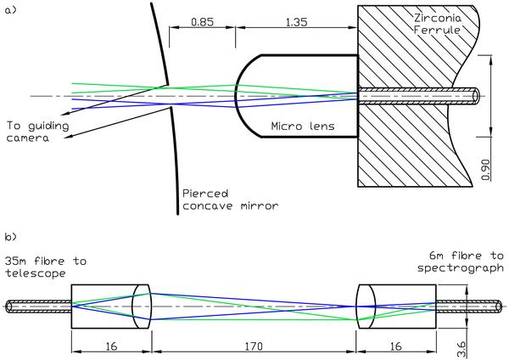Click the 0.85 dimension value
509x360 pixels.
(x=202, y=22)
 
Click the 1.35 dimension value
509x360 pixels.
(x=296, y=22)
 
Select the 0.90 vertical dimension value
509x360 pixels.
(x=485, y=170)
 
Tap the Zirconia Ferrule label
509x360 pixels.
(x=437, y=24)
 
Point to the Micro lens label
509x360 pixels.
(x=303, y=126)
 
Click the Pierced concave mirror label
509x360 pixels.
(x=230, y=200)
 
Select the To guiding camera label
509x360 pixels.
(x=37, y=132)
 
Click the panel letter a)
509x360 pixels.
(x=10, y=10)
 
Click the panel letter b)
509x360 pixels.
(x=10, y=237)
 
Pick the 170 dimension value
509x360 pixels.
(x=254, y=346)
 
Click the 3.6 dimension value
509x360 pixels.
(x=461, y=349)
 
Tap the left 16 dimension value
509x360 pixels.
(x=111, y=346)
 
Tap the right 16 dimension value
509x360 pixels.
(x=395, y=346)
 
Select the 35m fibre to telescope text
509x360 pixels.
(x=46, y=267)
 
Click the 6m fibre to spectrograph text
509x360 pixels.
(x=461, y=262)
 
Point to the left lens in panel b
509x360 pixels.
(x=141, y=307)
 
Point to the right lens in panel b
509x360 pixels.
(x=366, y=307)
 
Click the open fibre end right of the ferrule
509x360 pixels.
(x=476, y=96)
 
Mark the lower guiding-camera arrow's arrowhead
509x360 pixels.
(x=67, y=138)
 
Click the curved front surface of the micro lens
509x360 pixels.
(x=237, y=96)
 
